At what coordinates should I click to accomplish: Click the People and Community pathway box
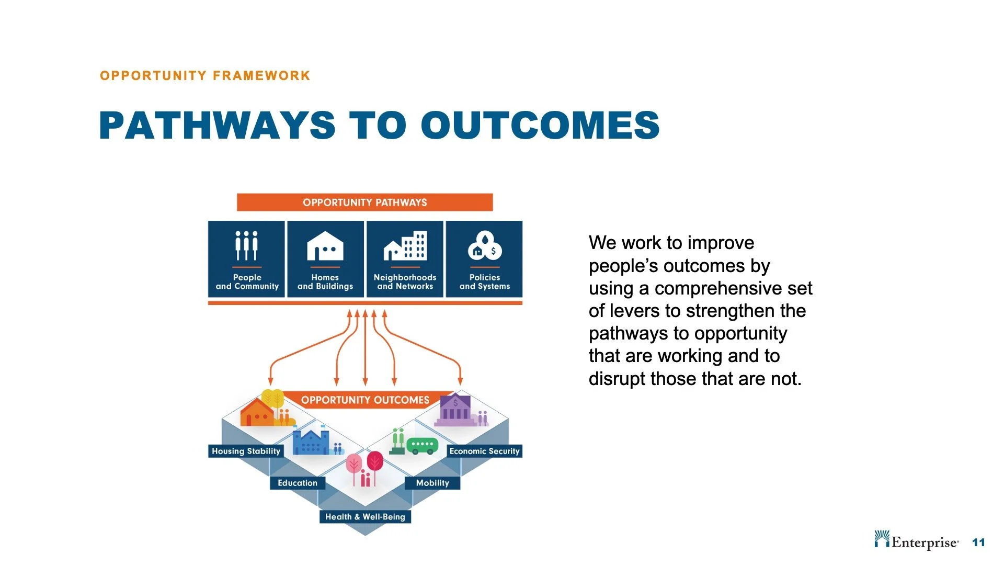[x=246, y=259]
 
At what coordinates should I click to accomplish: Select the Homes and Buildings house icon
[x=325, y=246]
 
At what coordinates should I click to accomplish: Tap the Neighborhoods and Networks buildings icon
[x=405, y=245]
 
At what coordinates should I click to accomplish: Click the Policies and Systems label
[x=484, y=282]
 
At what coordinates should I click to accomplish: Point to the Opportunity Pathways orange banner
[x=364, y=202]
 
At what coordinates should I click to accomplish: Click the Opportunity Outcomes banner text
[x=365, y=400]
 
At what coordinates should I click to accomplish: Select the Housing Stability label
[x=246, y=451]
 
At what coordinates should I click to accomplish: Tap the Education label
[x=297, y=483]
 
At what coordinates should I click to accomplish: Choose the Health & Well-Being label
[x=365, y=517]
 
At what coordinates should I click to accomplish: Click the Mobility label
[x=432, y=483]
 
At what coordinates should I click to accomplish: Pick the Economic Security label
[x=484, y=451]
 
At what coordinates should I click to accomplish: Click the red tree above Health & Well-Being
[x=375, y=462]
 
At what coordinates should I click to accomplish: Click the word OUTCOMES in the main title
[x=540, y=126]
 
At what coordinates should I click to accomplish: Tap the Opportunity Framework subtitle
[x=205, y=76]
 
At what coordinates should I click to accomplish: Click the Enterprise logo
[x=916, y=541]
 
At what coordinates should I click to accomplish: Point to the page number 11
[x=978, y=543]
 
